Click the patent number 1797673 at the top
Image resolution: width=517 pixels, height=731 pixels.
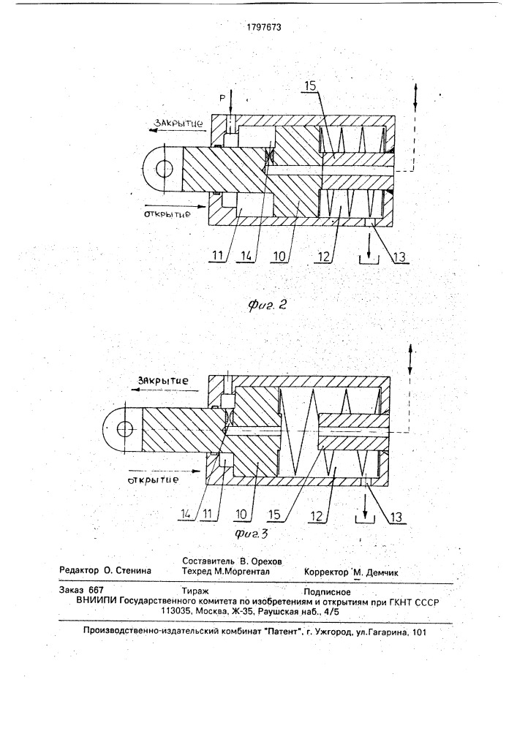264,27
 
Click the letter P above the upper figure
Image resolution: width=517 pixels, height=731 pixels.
222,98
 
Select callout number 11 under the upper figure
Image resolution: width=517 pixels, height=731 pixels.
218,255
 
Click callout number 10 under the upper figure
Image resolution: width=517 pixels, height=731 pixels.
280,255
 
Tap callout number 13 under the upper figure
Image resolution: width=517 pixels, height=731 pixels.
399,257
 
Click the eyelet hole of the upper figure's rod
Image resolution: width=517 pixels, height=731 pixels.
164,168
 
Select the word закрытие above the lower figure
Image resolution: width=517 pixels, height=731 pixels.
162,380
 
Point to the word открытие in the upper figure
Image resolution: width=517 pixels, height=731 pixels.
167,215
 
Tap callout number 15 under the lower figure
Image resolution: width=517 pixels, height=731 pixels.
274,515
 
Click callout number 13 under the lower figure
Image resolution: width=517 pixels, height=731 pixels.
396,517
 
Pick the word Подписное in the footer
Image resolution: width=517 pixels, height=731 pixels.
327,592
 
